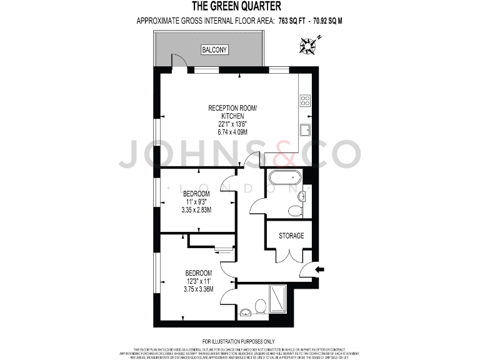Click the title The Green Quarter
[x=236, y=7]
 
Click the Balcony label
[x=215, y=49]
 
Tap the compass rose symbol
[x=308, y=44]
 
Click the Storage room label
[x=291, y=236]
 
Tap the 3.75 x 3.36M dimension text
[x=199, y=289]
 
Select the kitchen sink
[x=306, y=130]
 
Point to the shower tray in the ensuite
[x=277, y=299]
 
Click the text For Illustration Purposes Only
[x=239, y=341]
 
